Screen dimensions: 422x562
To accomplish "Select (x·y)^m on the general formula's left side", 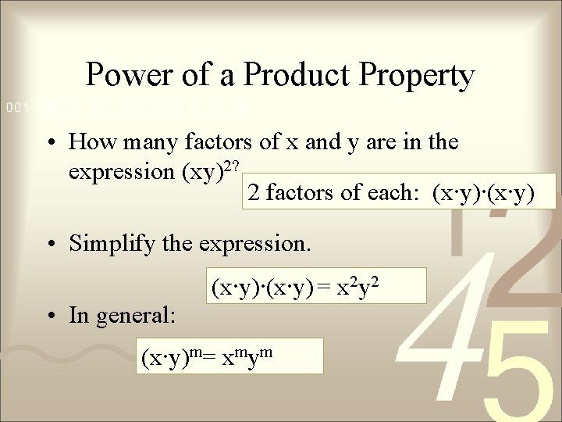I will (168, 359).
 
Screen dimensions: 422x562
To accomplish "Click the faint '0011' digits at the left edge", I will (14, 105).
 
